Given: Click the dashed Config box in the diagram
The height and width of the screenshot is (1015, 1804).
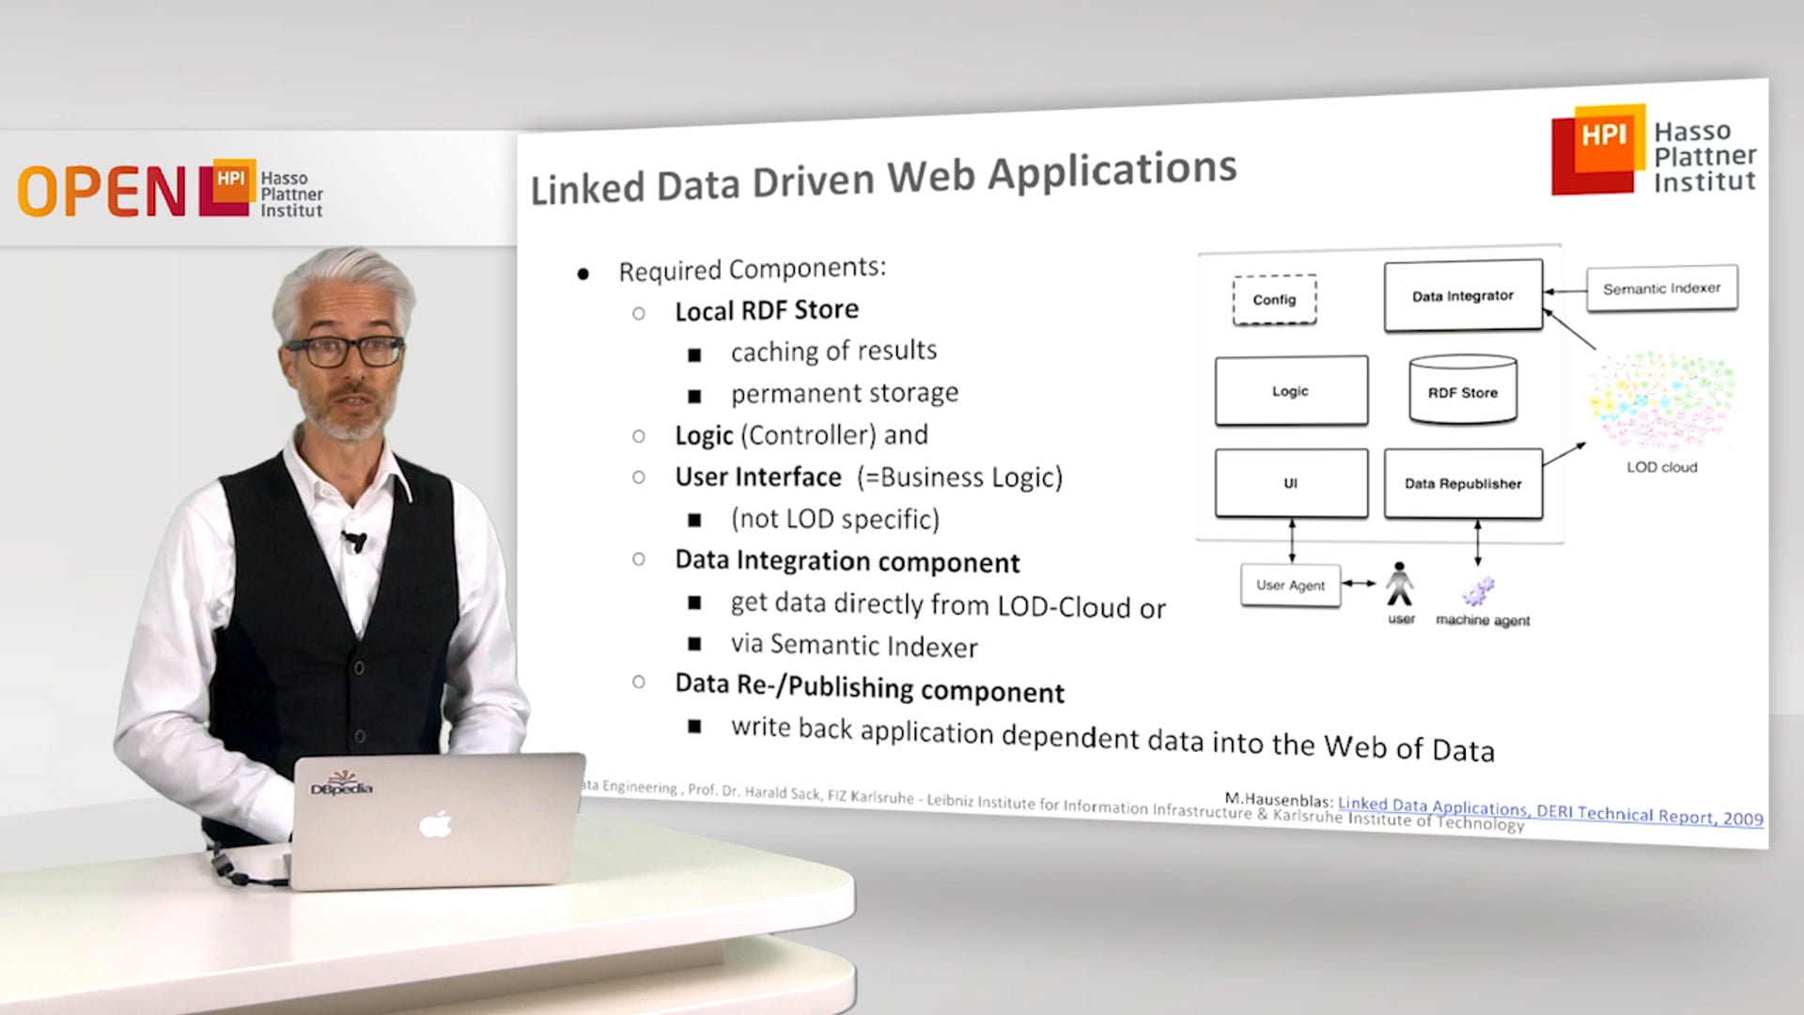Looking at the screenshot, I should click(x=1274, y=300).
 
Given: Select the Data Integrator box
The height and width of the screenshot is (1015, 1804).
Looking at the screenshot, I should click(x=1463, y=296).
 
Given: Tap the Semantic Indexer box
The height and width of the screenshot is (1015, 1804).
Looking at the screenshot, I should click(x=1661, y=289).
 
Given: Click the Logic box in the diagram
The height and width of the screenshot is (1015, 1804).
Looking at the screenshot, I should click(x=1291, y=391).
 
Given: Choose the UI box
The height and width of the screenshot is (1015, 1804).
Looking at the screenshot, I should click(x=1291, y=483).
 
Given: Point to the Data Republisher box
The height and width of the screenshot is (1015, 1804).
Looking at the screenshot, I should click(x=1463, y=484).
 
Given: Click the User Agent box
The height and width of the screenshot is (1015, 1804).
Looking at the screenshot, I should click(x=1290, y=586).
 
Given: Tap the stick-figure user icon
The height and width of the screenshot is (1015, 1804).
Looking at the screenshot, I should click(x=1400, y=586).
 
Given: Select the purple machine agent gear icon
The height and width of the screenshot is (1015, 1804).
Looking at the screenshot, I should click(x=1479, y=591).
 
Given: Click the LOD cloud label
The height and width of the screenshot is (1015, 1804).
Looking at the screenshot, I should click(x=1662, y=467).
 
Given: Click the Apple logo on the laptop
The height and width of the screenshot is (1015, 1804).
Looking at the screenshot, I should click(x=435, y=825).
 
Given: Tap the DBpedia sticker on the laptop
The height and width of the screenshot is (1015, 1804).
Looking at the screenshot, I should click(x=342, y=784).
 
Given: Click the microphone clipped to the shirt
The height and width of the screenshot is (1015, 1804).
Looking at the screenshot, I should click(x=355, y=540).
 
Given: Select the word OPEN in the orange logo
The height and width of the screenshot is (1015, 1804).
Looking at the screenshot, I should click(x=101, y=192).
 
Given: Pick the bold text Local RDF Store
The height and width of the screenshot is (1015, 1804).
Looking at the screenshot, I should click(x=767, y=310).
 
